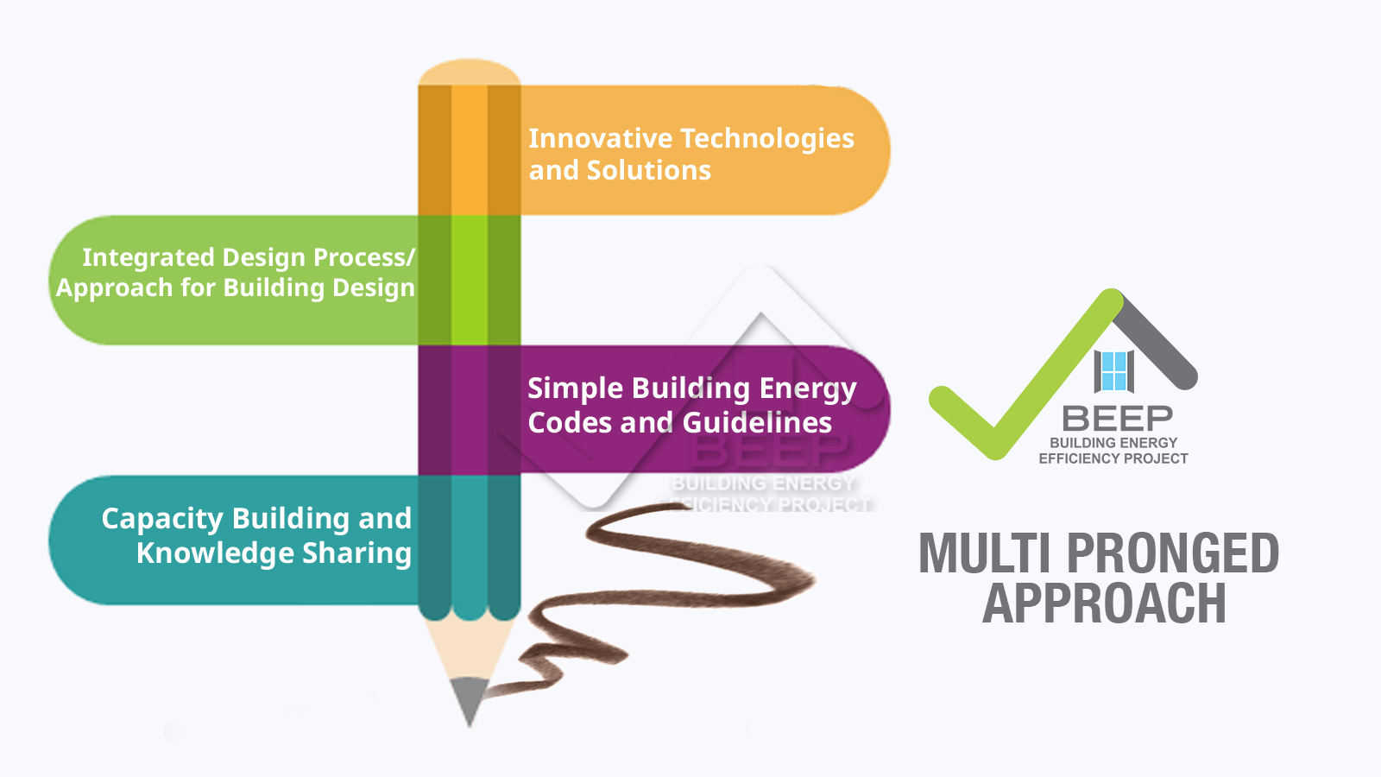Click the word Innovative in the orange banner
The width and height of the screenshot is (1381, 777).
(x=601, y=138)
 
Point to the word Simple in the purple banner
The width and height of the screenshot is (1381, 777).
(x=575, y=389)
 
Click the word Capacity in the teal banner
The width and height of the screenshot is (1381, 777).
(x=162, y=519)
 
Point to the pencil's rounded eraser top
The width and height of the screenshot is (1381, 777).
(x=470, y=73)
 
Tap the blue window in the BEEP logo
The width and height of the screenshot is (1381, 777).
(x=1114, y=371)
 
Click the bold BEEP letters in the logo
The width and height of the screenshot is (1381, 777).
(x=1117, y=419)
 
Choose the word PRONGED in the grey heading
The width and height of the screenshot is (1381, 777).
(x=1173, y=553)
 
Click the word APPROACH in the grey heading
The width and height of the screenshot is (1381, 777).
(x=1104, y=603)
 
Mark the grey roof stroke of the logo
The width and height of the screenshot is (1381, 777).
(x=1156, y=342)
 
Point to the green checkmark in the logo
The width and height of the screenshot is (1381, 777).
(x=1024, y=376)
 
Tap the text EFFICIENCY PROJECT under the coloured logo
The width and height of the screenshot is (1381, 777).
(x=1113, y=458)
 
